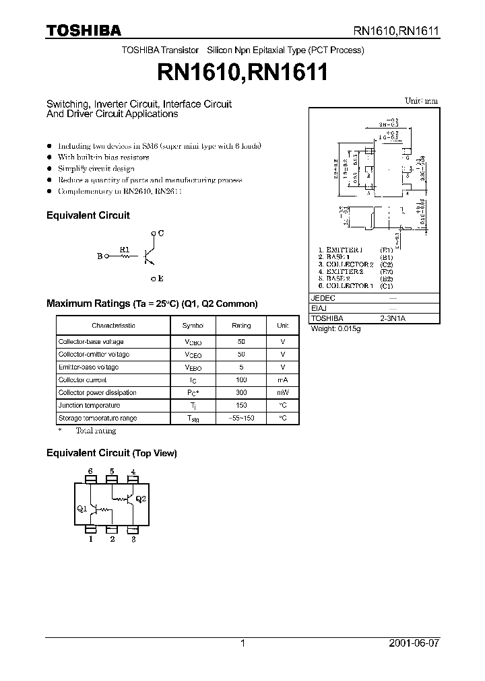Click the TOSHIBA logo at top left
[x=84, y=30]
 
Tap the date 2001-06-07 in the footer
[x=414, y=643]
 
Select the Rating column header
[x=241, y=325]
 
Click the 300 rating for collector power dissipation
[x=241, y=392]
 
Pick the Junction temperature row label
[x=89, y=405]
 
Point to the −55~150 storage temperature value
[x=241, y=418]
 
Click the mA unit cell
[x=283, y=380]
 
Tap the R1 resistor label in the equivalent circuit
[x=124, y=250]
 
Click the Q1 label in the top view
[x=82, y=509]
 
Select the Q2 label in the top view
[x=140, y=499]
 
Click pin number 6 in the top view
[x=90, y=471]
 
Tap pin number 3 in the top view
[x=134, y=539]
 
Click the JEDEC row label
[x=323, y=297]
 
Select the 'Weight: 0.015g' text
[x=335, y=328]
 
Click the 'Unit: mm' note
[x=421, y=101]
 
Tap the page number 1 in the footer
[x=243, y=643]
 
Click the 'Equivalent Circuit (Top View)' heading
[x=111, y=454]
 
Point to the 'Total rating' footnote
[x=95, y=431]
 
